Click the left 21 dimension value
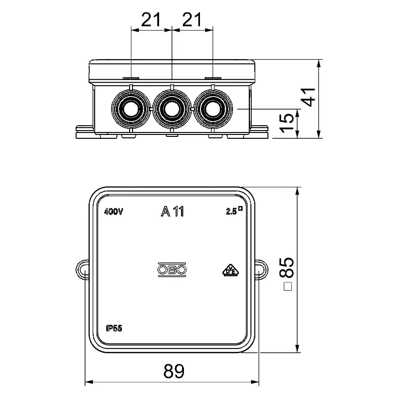(151, 19)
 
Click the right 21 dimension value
(192, 19)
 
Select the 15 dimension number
(286, 123)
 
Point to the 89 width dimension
(174, 371)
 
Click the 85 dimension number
(286, 267)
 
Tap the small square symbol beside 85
(288, 286)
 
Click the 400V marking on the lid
(114, 212)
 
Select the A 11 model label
(173, 211)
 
